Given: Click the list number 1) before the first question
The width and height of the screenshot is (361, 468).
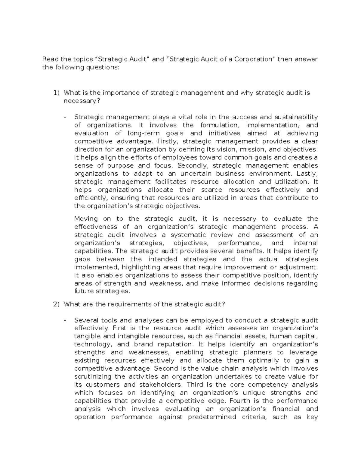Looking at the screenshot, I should click(57, 93).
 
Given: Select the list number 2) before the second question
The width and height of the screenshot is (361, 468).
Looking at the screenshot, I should click(57, 304).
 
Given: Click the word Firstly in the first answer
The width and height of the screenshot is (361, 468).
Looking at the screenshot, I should click(165, 141).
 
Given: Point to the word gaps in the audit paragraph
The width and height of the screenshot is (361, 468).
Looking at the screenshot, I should click(82, 259).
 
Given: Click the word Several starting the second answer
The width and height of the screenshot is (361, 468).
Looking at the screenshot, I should click(86, 320).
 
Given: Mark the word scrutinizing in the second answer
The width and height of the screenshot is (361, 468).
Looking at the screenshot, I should click(92, 377).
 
